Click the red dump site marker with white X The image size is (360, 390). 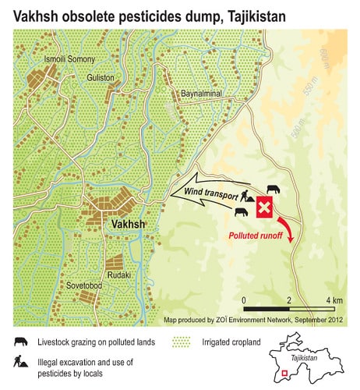pos(265,208)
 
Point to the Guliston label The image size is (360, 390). pos(101,78)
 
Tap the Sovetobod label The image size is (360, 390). pos(86,285)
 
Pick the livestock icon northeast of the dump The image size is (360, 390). pos(274,190)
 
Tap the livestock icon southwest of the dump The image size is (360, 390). pos(243,211)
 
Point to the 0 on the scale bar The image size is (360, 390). pos(245,300)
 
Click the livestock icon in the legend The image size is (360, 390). pos(19,340)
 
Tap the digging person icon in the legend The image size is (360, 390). pos(19,361)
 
